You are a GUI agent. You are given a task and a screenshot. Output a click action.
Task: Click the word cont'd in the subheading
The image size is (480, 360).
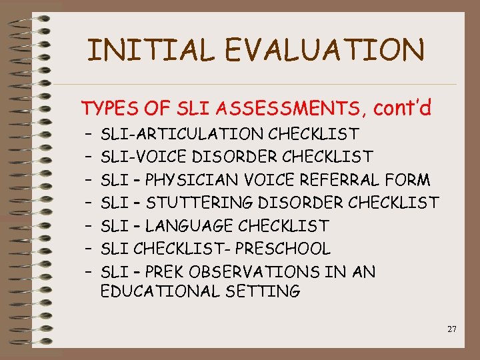(x=403, y=106)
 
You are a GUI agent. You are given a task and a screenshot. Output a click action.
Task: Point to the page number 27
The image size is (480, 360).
(x=452, y=329)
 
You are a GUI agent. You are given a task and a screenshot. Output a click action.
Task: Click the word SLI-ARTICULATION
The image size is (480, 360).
(x=181, y=135)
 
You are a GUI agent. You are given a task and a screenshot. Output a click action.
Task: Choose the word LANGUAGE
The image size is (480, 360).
(x=190, y=226)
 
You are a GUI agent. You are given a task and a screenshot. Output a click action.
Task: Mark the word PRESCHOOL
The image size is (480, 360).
(x=288, y=249)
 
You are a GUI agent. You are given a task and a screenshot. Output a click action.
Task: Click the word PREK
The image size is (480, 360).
(x=164, y=272)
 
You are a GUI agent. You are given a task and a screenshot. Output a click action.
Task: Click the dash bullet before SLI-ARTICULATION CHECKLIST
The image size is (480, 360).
(x=88, y=135)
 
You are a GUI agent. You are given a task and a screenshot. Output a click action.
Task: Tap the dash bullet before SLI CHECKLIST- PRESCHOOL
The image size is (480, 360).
(x=88, y=249)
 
